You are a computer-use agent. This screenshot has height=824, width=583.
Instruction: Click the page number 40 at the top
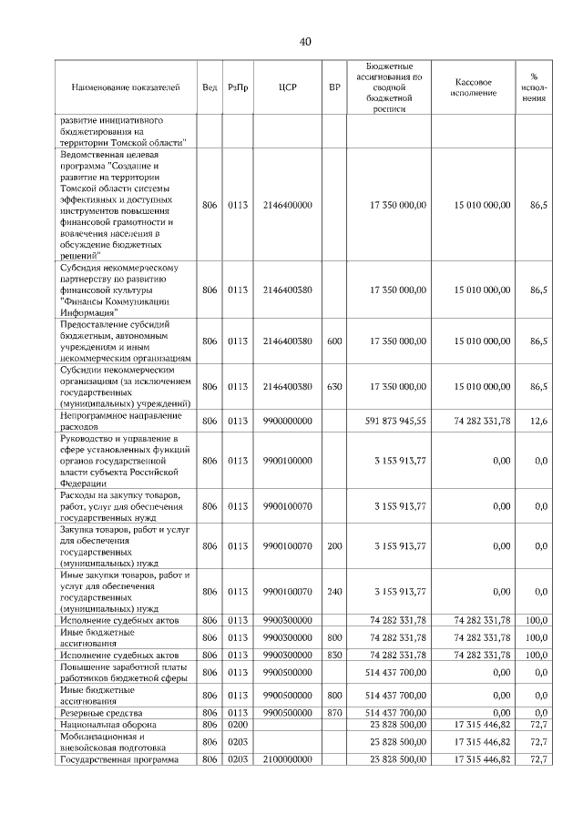pos(305,42)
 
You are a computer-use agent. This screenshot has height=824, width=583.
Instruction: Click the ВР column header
pos(334,87)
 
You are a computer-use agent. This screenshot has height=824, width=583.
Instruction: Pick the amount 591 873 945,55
pos(395,421)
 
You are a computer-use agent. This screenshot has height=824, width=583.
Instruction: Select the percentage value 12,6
pos(538,421)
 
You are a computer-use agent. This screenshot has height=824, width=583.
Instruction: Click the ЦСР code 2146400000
pos(287,206)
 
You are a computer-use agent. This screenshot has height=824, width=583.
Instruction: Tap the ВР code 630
pos(334,386)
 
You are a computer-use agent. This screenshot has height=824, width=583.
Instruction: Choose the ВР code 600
pos(334,341)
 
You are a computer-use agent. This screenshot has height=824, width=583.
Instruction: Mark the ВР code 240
pos(334,591)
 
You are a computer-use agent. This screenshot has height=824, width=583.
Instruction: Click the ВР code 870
pos(334,712)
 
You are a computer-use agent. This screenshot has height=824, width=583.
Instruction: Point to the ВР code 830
pos(334,655)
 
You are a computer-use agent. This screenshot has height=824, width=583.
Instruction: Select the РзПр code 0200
pos(238,724)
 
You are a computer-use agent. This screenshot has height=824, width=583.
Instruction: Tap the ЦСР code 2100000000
pos(287,758)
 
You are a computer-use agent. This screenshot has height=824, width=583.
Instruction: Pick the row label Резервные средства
pos(96,712)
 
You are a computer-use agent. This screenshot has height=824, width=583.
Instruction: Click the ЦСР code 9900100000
pos(287,461)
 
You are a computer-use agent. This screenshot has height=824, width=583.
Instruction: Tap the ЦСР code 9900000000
pos(287,421)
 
